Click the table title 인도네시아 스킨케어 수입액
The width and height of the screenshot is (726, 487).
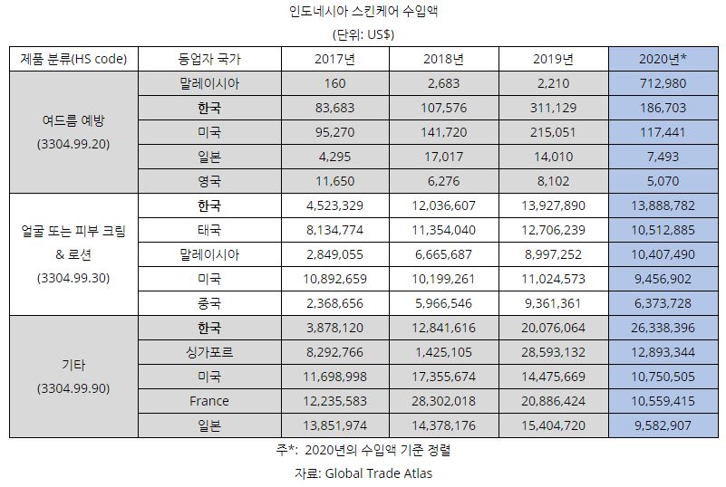click(363, 13)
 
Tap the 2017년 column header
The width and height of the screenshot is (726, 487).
click(334, 60)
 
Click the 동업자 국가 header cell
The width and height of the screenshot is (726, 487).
click(209, 60)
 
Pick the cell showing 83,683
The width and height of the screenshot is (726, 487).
click(334, 108)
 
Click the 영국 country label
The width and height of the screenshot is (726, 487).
click(209, 180)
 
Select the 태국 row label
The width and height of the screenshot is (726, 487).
click(209, 229)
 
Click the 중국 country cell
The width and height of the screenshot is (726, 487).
click(209, 303)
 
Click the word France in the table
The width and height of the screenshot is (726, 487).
click(209, 401)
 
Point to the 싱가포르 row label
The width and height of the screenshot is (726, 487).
click(209, 352)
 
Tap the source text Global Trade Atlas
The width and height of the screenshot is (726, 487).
click(382, 473)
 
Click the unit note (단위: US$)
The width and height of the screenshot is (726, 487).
click(363, 35)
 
